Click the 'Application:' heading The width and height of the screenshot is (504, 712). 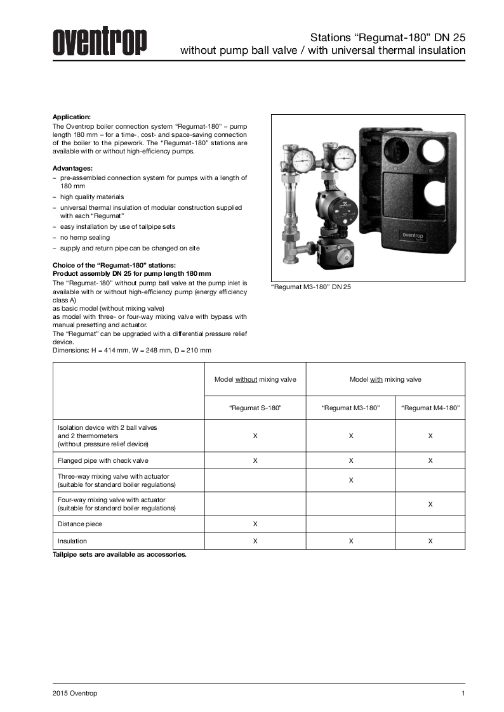point(72,117)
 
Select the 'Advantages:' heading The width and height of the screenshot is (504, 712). point(72,168)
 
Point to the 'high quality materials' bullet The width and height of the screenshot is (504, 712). point(92,197)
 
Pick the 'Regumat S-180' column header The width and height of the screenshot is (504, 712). point(255,408)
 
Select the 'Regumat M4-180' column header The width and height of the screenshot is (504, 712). point(430,408)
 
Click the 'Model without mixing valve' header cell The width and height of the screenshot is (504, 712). point(255,379)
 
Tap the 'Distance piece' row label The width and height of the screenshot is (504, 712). point(80,524)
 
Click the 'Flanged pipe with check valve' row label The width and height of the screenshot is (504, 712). point(103,460)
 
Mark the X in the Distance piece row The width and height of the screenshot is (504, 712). point(255,524)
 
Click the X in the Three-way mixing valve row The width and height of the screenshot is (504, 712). point(351,480)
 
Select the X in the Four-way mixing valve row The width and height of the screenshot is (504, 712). point(430,504)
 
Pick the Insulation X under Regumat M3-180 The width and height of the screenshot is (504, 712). point(351,541)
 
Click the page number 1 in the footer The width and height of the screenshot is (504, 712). point(463,694)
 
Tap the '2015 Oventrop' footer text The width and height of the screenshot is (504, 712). point(75,694)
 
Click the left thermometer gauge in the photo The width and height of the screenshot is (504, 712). point(303,157)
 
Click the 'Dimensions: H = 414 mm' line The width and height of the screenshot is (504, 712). point(132,350)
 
